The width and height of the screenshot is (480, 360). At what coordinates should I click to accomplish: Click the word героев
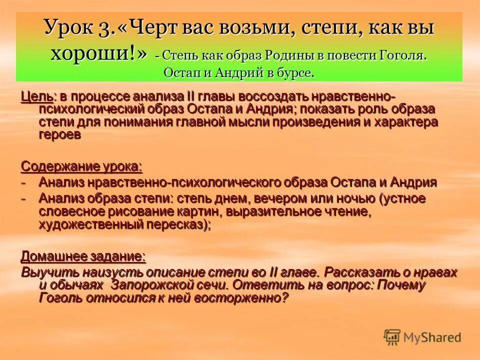(59, 135)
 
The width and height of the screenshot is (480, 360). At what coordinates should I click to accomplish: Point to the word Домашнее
(51, 256)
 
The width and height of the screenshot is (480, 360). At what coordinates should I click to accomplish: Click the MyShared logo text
(432, 337)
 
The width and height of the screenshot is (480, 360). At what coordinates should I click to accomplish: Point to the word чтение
(345, 211)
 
